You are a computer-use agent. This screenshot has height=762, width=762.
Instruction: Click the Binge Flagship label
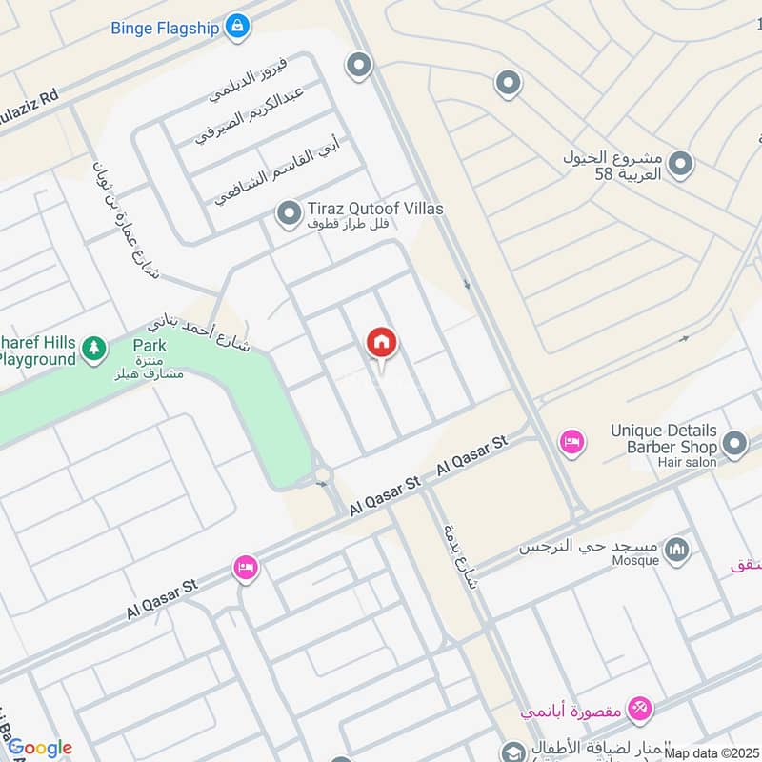(x=166, y=27)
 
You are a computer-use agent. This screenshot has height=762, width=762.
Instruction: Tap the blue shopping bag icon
(x=238, y=27)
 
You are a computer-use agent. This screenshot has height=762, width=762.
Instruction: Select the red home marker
(x=382, y=344)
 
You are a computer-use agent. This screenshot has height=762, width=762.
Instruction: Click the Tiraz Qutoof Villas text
(x=374, y=209)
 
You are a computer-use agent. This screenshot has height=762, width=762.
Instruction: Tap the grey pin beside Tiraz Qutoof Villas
(x=288, y=213)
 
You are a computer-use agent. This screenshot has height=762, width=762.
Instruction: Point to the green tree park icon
(x=93, y=350)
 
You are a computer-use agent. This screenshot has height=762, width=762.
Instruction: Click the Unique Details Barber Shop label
(x=664, y=438)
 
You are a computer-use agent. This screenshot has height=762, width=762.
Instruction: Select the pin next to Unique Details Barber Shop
(x=734, y=443)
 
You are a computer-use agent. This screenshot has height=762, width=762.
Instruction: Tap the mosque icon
(x=677, y=550)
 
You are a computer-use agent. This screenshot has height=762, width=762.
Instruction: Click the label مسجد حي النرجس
(x=590, y=547)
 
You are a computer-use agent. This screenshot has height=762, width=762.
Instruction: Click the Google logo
(x=40, y=748)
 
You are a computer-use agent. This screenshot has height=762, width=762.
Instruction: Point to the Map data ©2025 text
(x=712, y=752)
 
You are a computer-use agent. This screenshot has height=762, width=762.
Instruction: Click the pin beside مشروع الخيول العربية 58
(x=680, y=166)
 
